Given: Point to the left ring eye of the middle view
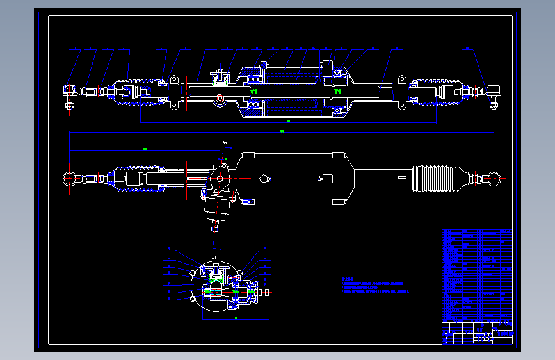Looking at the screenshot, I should (x=70, y=178).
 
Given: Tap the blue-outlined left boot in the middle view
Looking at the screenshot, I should (x=131, y=179).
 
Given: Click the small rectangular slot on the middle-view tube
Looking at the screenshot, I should (x=402, y=177).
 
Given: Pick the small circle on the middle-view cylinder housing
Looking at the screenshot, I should (x=264, y=179).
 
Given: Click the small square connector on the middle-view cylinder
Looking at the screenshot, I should (x=327, y=179).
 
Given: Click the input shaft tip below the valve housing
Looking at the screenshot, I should (x=216, y=227).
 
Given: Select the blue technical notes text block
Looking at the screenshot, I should (x=374, y=286).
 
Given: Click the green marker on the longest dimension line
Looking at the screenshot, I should (x=282, y=131).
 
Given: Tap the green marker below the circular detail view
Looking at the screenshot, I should (x=237, y=317).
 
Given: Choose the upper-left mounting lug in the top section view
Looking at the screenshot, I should (x=173, y=80).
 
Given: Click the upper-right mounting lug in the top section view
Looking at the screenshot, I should (x=402, y=79).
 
